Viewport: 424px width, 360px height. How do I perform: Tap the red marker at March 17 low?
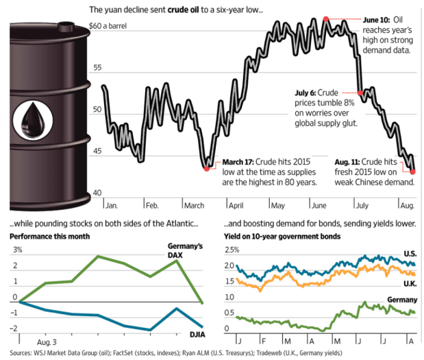point(207,167)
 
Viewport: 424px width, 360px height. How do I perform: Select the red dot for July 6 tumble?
point(360,93)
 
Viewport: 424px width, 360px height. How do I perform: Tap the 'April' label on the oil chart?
point(236,205)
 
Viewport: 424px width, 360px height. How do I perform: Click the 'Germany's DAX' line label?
point(185,251)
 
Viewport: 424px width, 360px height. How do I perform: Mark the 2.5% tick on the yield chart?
point(233,250)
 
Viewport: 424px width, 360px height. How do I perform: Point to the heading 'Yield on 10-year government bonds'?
point(282,237)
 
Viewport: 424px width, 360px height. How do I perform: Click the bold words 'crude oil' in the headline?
point(188,10)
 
